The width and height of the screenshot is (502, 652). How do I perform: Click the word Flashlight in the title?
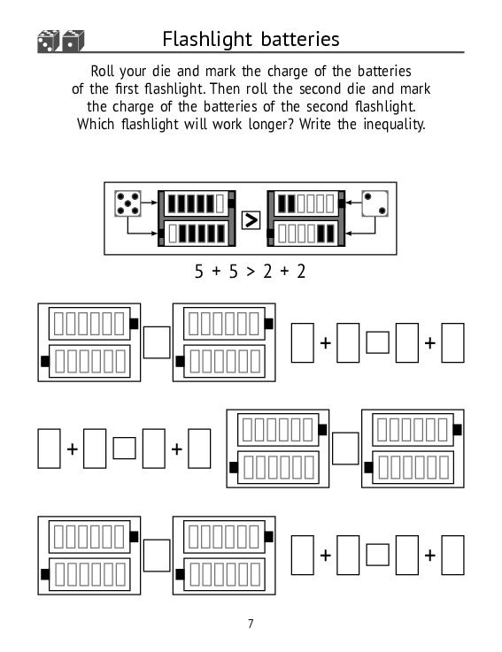pos(207,40)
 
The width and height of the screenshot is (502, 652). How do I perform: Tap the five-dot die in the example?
pos(127,203)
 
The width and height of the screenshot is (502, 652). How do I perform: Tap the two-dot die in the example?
pos(375,203)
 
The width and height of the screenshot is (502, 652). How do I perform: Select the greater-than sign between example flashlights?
pos(251,220)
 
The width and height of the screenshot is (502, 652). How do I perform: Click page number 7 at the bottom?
pos(251,624)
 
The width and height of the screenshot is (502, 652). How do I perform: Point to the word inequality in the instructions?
pos(394,124)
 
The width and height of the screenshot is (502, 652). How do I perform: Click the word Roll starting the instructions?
pos(103,71)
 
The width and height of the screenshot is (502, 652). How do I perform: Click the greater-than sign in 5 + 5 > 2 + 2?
pos(251,272)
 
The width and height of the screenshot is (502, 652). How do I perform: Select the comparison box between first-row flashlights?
pos(157,342)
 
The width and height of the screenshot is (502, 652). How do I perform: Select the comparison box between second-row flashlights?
pos(345,449)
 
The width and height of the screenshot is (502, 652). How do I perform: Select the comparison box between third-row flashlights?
pos(157,555)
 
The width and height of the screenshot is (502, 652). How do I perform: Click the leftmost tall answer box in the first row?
pos(303,342)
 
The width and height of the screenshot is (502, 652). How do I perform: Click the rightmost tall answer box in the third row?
pos(453,555)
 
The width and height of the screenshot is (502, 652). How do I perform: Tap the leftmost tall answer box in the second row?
pos(49,449)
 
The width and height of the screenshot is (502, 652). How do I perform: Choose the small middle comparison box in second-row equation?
pos(125,449)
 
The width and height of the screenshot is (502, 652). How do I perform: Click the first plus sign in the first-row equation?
pos(326,343)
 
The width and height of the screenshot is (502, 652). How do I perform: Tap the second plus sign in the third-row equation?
pos(430,555)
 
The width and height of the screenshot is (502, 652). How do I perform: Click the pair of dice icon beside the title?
pos(61,42)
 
